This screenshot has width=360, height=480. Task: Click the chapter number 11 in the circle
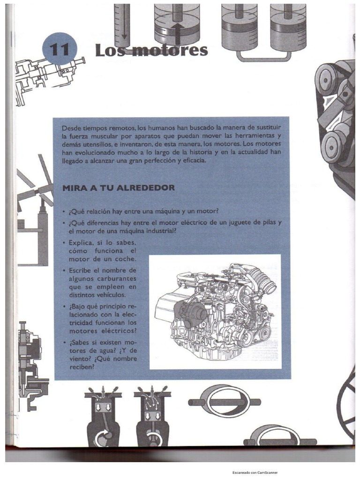60,50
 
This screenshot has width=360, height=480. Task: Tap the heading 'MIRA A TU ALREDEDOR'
119,187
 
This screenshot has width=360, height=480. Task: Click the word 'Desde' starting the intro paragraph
72,128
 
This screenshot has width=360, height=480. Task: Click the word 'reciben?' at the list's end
82,367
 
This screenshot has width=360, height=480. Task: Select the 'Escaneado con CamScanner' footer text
255,472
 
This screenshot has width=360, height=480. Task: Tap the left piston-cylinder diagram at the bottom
102,414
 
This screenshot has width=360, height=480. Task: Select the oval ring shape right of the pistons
224,402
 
